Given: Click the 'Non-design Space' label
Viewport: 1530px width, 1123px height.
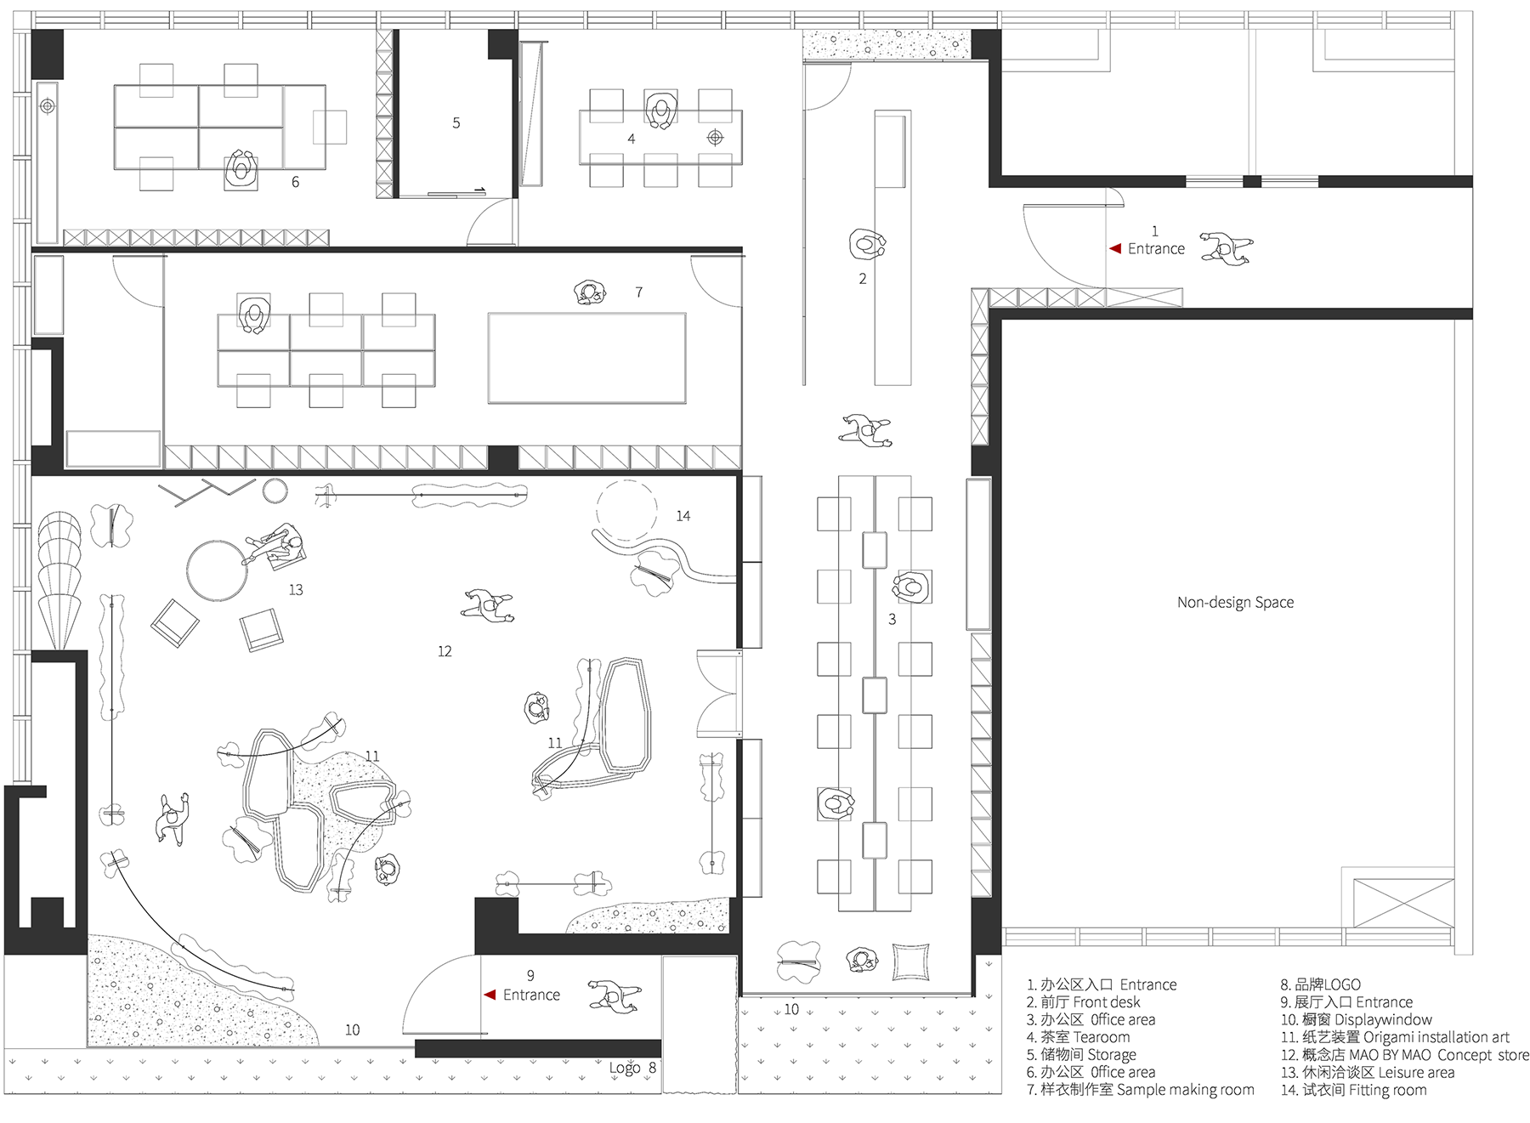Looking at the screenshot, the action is click(1235, 603).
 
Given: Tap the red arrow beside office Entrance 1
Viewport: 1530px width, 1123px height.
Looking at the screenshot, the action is click(1115, 248).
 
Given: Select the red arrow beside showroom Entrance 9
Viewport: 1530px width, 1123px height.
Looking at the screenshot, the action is click(490, 995).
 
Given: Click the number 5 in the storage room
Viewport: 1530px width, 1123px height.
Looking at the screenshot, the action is click(456, 123).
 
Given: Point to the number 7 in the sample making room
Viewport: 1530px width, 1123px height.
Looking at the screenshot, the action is click(639, 292).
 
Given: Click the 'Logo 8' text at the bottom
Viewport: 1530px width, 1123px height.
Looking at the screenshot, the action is click(632, 1068).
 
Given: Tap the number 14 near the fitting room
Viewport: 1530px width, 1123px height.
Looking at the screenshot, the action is click(683, 516).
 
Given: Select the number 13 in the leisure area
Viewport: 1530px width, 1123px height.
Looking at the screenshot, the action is click(296, 590).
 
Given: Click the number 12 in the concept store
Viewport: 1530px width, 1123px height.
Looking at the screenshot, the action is click(445, 651).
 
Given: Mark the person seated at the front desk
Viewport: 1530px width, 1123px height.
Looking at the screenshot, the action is click(867, 244).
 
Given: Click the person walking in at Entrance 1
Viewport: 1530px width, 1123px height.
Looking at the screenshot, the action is click(1227, 248).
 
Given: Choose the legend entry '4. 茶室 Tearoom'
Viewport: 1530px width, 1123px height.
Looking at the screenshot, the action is click(1079, 1037).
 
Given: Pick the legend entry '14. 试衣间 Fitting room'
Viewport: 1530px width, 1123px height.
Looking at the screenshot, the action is click(1354, 1090).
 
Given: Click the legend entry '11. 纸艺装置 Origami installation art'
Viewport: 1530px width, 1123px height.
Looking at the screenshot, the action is click(1395, 1037).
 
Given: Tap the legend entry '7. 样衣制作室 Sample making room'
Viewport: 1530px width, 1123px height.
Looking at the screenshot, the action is click(1141, 1090).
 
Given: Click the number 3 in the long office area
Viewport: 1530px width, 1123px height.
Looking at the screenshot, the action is click(892, 620).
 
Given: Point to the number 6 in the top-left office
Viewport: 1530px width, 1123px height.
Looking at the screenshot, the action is click(296, 182).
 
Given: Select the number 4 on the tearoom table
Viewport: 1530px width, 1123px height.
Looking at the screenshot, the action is click(632, 139).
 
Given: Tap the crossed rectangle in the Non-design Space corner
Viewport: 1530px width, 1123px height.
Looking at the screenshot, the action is click(1403, 903).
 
